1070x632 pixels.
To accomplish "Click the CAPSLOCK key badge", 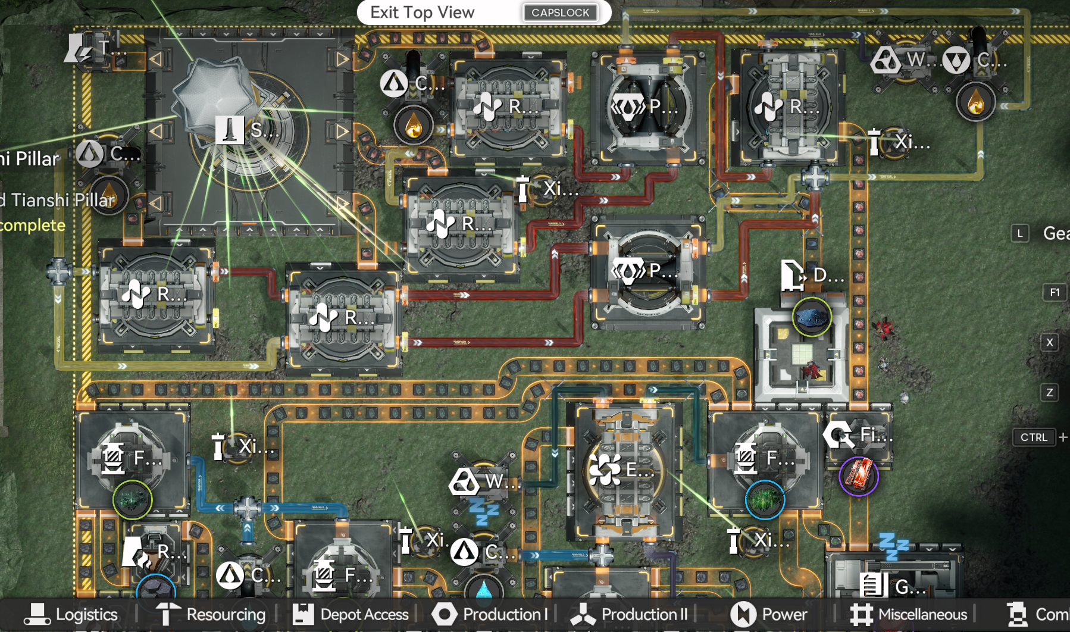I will point(560,12).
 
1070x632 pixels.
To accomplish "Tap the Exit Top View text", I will point(422,12).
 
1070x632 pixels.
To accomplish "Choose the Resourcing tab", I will point(211,614).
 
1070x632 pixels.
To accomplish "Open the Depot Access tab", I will point(351,614).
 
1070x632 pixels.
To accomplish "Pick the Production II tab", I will point(630,614).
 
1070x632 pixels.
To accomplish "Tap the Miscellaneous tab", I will point(909,614).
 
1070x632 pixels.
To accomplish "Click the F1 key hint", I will point(1055,292).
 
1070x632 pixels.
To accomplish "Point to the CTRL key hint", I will point(1034,437).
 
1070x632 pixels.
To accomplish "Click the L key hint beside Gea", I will point(1020,233).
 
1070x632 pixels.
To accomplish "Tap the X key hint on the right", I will point(1050,342).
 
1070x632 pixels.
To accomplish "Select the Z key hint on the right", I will point(1050,392).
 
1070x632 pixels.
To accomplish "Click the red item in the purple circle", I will point(859,476).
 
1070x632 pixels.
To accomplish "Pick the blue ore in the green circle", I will point(812,317).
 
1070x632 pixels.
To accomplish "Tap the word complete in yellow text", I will point(32,226).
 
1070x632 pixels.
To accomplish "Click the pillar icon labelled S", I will point(229,130).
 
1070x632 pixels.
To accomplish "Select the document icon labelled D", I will point(793,275).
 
